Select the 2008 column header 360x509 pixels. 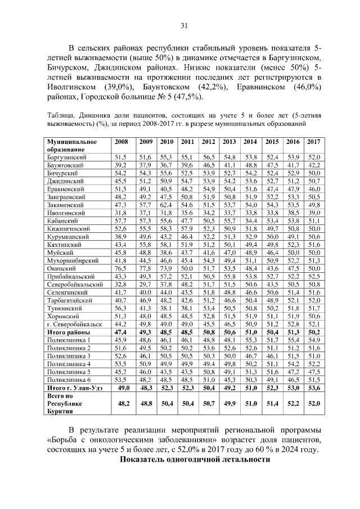(x=120, y=142)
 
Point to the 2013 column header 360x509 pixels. (x=229, y=142)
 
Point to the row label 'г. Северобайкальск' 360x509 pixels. (x=74, y=324)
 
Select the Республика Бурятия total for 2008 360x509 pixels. (x=120, y=403)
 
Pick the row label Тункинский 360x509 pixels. (x=65, y=308)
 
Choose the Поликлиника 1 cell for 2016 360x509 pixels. (x=293, y=340)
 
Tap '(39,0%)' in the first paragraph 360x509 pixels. (x=119, y=88)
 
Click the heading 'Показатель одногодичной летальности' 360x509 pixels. (x=196, y=460)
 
